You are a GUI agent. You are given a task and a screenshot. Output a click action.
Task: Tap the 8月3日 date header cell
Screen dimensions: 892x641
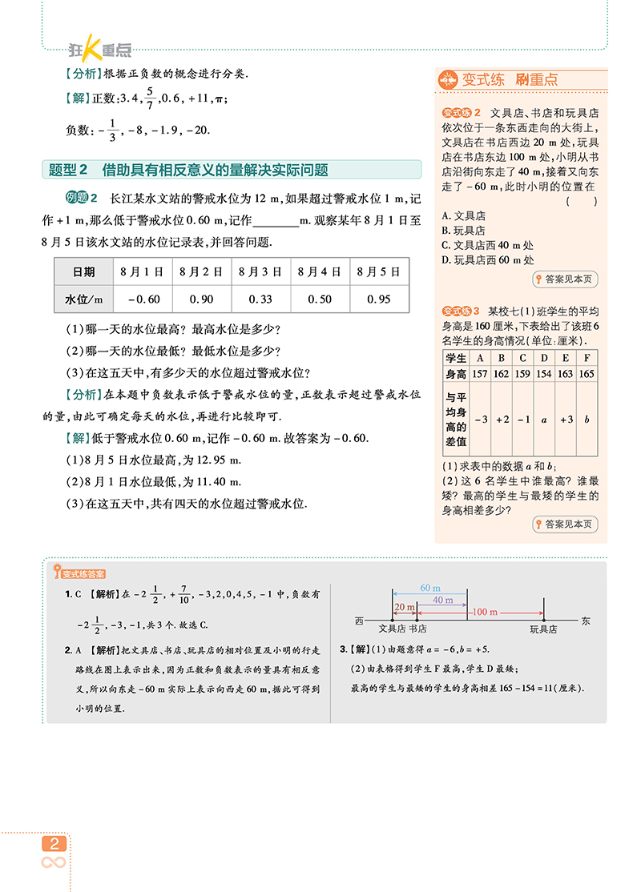[x=261, y=271]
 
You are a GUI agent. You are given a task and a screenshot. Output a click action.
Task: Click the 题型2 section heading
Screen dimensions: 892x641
[x=188, y=170]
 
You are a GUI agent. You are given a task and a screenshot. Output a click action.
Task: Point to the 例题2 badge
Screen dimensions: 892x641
[x=81, y=199]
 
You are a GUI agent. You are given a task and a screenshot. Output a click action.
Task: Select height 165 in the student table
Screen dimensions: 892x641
[x=587, y=374]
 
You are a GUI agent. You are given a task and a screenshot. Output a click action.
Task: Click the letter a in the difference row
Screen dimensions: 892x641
[x=544, y=419]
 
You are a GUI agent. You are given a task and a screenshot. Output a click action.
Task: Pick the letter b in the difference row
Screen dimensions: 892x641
[x=587, y=419]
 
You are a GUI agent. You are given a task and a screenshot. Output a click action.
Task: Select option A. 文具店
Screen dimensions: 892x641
[x=464, y=215]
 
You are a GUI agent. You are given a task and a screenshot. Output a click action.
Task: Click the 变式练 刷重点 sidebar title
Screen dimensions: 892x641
[x=510, y=79]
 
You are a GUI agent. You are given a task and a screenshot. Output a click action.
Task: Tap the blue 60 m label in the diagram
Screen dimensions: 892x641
[x=430, y=589]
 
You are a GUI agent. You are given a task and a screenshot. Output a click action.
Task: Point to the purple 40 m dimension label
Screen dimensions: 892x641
[x=442, y=600]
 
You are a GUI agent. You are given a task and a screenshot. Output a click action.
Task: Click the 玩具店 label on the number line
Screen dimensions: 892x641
[x=543, y=629]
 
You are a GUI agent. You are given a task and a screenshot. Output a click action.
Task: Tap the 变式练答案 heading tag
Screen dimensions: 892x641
[x=83, y=573]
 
